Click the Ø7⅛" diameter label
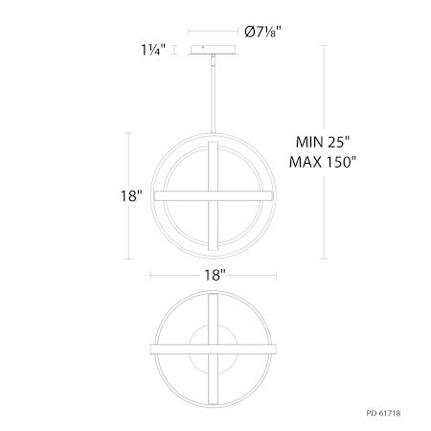(263, 32)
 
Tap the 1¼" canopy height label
(153, 50)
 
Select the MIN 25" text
(323, 142)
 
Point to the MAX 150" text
(323, 162)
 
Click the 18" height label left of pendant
(131, 195)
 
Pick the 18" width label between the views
(215, 275)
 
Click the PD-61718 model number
(383, 413)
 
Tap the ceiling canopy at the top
(214, 50)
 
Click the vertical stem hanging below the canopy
(213, 94)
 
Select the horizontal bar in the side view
(214, 195)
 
